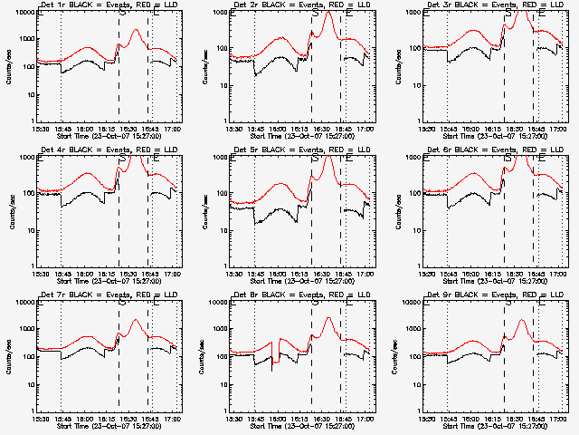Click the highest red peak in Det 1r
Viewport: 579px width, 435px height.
(x=137, y=30)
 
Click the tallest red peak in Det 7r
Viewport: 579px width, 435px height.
(x=137, y=320)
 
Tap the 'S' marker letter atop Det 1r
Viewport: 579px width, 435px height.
(x=121, y=14)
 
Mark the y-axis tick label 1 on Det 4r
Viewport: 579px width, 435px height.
(x=32, y=266)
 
